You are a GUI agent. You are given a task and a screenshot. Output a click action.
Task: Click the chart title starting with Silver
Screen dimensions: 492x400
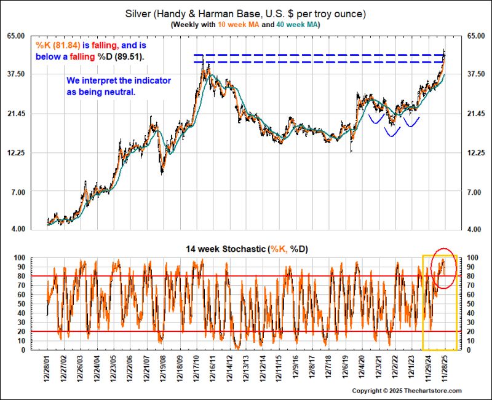pyautogui.click(x=245, y=14)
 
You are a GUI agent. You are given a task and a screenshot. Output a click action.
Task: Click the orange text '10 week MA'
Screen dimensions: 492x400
pyautogui.click(x=239, y=25)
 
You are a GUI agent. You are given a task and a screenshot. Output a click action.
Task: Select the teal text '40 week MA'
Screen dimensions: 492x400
pyautogui.click(x=296, y=25)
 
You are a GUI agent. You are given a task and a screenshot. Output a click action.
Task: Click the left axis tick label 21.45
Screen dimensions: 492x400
pyautogui.click(x=16, y=114)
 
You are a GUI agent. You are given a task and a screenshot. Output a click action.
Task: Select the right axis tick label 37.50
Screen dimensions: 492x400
pyautogui.click(x=476, y=74)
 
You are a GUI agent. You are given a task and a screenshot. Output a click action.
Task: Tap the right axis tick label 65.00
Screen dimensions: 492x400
pyautogui.click(x=476, y=36)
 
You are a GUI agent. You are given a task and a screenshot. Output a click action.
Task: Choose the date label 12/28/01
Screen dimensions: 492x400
pyautogui.click(x=47, y=368)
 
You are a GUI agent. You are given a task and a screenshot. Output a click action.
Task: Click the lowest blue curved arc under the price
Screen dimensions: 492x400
pyautogui.click(x=392, y=136)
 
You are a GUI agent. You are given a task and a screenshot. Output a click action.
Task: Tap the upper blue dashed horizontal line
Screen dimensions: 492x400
pyautogui.click(x=318, y=55)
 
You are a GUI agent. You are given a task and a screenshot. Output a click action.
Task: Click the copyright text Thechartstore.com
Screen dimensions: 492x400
pyautogui.click(x=433, y=391)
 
